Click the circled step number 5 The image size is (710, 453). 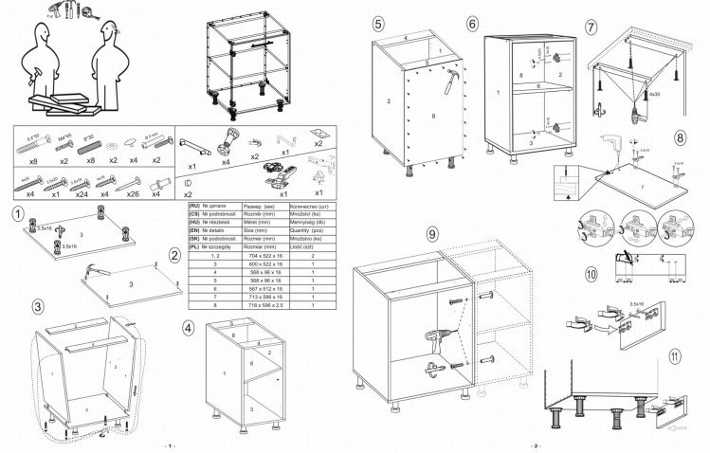(x=378, y=24)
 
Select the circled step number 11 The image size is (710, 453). (x=674, y=357)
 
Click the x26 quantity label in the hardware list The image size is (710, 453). (x=133, y=193)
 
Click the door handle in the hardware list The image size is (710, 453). (x=191, y=144)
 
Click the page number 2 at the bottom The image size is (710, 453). (x=535, y=445)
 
